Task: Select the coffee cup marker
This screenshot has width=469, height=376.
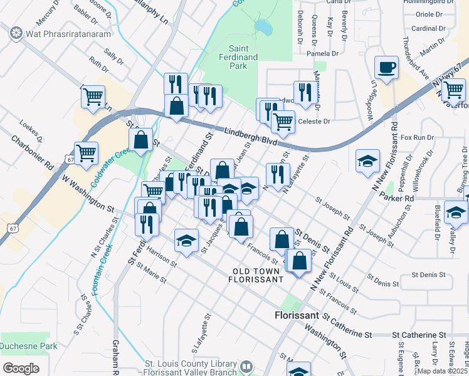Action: tap(386, 67)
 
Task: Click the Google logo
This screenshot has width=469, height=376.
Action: tap(21, 368)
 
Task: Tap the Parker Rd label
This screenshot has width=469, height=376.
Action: tap(401, 198)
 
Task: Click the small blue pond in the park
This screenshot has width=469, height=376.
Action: tap(263, 28)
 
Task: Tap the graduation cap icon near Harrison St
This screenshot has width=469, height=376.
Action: tap(186, 241)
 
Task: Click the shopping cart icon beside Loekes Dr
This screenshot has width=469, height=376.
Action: tap(86, 152)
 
